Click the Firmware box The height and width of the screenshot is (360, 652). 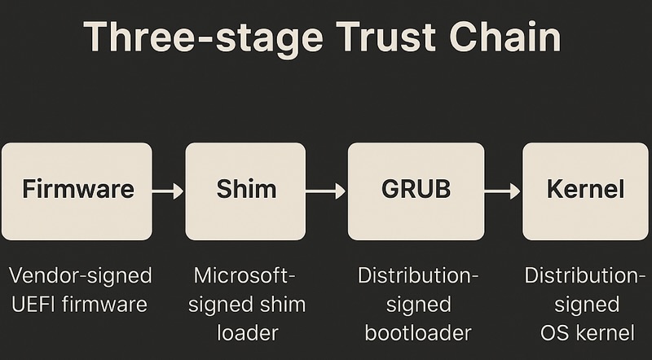pyautogui.click(x=77, y=191)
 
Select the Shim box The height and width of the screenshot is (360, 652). pyautogui.click(x=246, y=191)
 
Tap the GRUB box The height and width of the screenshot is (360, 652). pyautogui.click(x=416, y=191)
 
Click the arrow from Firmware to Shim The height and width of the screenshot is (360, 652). pyautogui.click(x=168, y=191)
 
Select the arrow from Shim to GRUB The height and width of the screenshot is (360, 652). pyautogui.click(x=327, y=191)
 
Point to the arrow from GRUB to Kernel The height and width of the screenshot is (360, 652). pyautogui.click(x=503, y=191)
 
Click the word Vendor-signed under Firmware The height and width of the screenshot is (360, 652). pyautogui.click(x=80, y=276)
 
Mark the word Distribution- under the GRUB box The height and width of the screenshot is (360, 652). pyautogui.click(x=419, y=276)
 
